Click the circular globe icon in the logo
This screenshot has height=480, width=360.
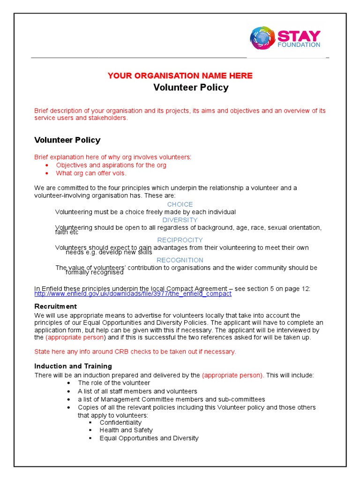tap(262, 38)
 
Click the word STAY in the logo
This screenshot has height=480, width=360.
tap(299, 36)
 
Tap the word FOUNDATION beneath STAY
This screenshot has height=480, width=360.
tap(299, 45)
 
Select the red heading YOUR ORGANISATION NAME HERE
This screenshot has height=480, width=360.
tap(180, 76)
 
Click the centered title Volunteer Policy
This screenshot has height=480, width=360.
tap(191, 88)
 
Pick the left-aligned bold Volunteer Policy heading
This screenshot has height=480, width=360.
tap(67, 140)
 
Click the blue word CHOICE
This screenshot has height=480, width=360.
tap(180, 204)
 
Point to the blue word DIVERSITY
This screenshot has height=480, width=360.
tap(180, 220)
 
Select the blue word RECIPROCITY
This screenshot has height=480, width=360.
tap(180, 240)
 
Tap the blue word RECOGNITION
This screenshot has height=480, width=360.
tap(180, 260)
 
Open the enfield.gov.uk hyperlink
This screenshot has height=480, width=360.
tap(133, 294)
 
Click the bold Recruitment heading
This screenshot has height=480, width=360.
tap(55, 307)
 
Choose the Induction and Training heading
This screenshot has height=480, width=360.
tap(73, 366)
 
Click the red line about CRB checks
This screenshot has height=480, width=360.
tap(135, 352)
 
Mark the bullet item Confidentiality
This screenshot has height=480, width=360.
tap(120, 422)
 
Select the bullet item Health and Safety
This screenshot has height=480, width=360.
tap(126, 430)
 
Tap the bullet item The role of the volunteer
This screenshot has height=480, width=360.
tap(114, 383)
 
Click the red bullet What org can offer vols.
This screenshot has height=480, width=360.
tap(91, 173)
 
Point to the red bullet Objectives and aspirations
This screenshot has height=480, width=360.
tap(111, 165)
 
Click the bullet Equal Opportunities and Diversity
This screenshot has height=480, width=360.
tap(149, 438)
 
